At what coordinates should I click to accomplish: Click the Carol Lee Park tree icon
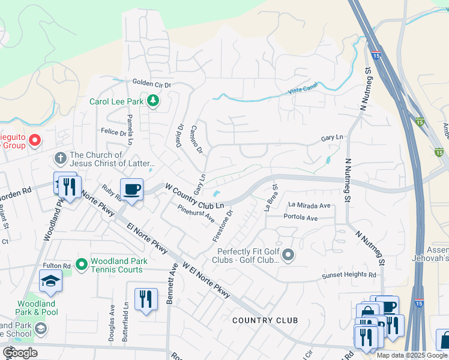click(x=153, y=101)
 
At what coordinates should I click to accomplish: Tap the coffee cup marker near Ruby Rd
click(x=132, y=189)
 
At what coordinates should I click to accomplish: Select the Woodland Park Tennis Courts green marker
click(x=83, y=263)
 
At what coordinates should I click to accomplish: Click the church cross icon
click(x=60, y=158)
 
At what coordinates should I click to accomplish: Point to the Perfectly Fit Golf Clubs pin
click(x=288, y=256)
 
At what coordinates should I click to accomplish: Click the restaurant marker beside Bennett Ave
click(x=146, y=299)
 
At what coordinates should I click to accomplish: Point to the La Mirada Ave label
click(x=310, y=205)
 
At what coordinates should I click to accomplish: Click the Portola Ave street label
click(x=300, y=218)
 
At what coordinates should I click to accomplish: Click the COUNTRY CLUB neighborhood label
click(x=265, y=320)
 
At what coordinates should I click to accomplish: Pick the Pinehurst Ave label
click(x=196, y=212)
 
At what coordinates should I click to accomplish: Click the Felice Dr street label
click(x=114, y=131)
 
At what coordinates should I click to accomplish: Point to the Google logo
click(x=20, y=353)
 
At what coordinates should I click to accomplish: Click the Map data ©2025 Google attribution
click(x=412, y=355)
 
